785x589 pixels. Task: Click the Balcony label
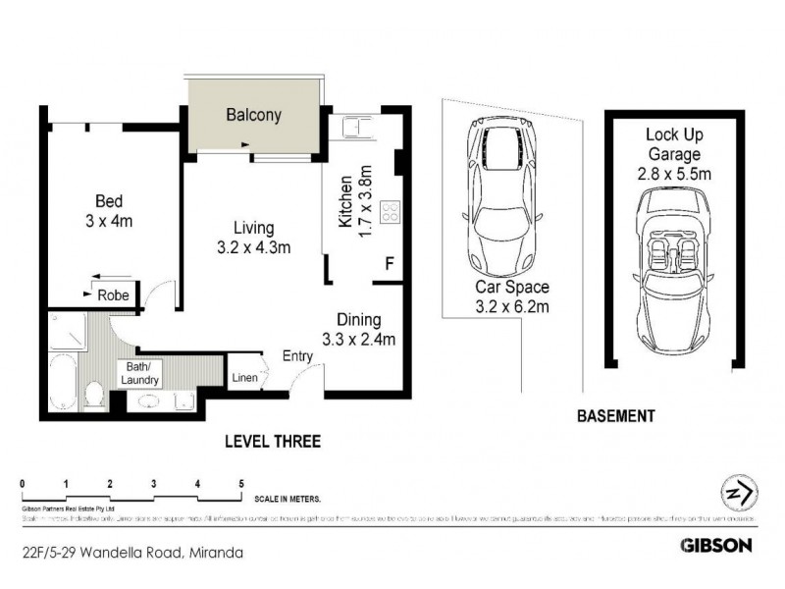253,115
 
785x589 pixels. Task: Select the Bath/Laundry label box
137,374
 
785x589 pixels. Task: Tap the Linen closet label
244,378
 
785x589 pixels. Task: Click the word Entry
298,356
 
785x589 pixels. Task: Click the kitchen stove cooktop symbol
390,212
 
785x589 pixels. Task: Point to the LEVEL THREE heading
272,442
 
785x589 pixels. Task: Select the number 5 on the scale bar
241,484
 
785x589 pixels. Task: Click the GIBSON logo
716,544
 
